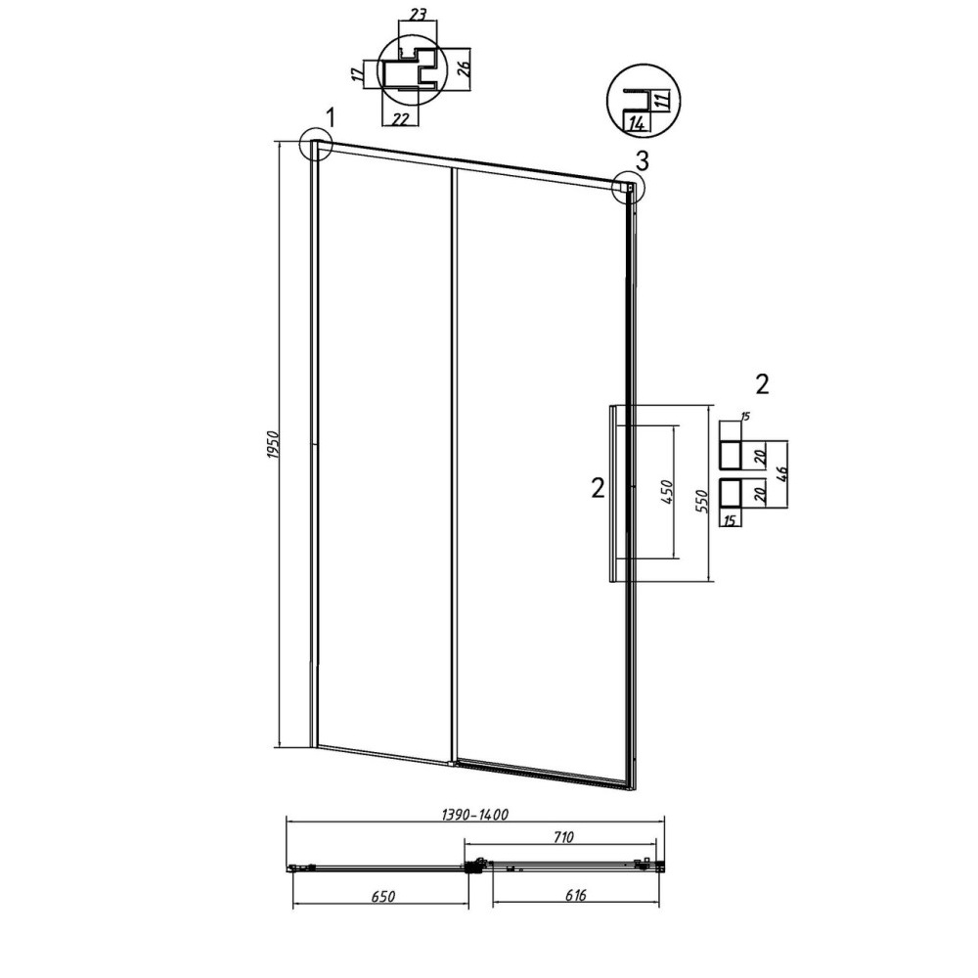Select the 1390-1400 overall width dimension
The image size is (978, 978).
pos(475,815)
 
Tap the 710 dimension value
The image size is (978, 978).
pos(562,838)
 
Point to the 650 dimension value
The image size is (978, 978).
pos(383,897)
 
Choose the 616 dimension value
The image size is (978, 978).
pos(576,896)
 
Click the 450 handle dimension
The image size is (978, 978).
pos(666,492)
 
